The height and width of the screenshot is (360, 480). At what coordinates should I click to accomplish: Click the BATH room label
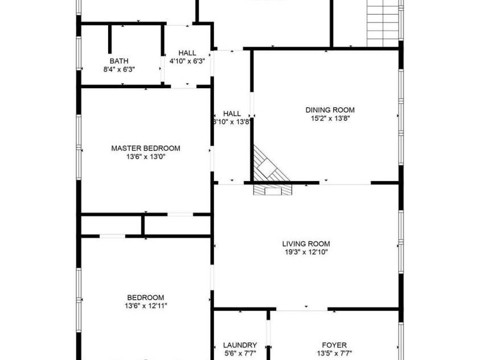pyautogui.click(x=119, y=61)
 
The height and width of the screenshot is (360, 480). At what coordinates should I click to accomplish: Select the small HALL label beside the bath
pyautogui.click(x=187, y=53)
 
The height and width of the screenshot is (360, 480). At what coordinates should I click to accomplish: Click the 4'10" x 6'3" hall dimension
pyautogui.click(x=187, y=61)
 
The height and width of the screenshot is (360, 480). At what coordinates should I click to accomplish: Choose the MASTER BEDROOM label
pyautogui.click(x=145, y=148)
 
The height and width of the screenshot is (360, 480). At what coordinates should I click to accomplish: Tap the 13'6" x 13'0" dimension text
pyautogui.click(x=145, y=157)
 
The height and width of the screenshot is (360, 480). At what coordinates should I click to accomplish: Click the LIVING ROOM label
pyautogui.click(x=306, y=243)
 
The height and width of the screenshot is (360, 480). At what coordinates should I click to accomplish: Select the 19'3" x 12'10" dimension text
pyautogui.click(x=306, y=252)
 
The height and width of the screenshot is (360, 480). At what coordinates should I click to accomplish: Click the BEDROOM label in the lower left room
pyautogui.click(x=145, y=297)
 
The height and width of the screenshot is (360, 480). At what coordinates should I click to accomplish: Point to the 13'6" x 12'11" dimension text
pyautogui.click(x=145, y=306)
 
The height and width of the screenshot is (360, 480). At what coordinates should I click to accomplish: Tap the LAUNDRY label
pyautogui.click(x=240, y=345)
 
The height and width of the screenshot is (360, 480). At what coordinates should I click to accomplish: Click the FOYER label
pyautogui.click(x=334, y=345)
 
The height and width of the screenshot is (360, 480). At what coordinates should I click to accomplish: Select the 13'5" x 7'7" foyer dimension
pyautogui.click(x=334, y=353)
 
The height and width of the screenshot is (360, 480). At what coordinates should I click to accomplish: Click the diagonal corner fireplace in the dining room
pyautogui.click(x=266, y=164)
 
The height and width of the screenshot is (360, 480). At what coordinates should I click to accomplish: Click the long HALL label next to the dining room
pyautogui.click(x=232, y=113)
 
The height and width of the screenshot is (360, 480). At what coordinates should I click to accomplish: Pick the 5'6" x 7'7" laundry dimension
pyautogui.click(x=240, y=353)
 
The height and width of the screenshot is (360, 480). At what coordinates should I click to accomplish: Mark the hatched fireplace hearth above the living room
pyautogui.click(x=272, y=190)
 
